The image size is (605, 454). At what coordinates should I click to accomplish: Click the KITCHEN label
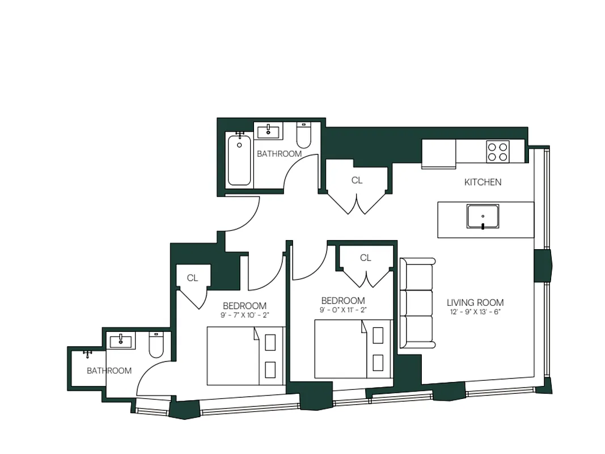(483, 182)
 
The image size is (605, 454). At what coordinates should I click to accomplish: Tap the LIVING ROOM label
(475, 302)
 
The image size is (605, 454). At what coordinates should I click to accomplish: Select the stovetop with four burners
(497, 152)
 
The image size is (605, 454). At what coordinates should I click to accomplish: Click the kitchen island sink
(483, 216)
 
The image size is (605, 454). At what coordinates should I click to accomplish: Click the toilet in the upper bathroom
(304, 136)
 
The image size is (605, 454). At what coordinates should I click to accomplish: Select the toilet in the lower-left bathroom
(156, 345)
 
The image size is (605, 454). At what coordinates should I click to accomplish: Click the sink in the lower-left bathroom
(121, 341)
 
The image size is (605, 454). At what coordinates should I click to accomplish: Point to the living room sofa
(417, 302)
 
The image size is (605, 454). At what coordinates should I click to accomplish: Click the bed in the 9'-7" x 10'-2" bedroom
(245, 356)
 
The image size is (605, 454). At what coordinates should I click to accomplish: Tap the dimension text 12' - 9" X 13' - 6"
(475, 312)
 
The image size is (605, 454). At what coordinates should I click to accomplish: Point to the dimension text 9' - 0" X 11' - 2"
(342, 310)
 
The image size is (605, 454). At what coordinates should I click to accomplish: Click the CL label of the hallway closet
(357, 180)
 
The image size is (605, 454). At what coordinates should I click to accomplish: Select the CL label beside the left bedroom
(192, 278)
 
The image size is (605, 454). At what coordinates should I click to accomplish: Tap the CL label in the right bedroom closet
(366, 258)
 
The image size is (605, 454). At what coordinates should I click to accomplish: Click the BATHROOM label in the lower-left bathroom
(109, 371)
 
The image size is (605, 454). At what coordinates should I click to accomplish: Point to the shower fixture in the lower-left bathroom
(88, 354)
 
